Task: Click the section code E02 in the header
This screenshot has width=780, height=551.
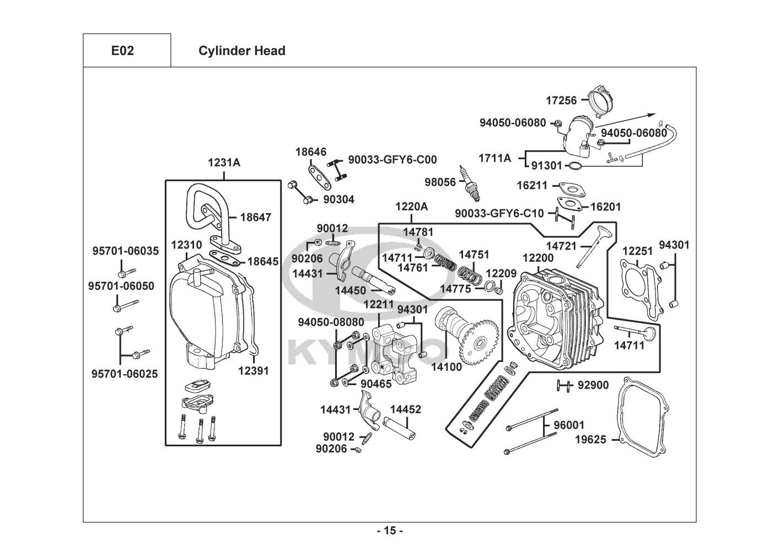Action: point(122,51)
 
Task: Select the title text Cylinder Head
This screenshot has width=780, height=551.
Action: point(241,51)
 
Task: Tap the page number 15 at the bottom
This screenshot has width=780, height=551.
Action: point(390,531)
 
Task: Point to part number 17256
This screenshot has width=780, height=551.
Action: point(561,100)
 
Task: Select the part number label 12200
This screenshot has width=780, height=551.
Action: point(538,258)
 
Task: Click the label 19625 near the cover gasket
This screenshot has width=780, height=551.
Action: point(590,440)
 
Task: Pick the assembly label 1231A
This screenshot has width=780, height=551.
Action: point(224,163)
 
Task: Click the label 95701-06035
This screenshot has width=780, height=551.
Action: point(125,251)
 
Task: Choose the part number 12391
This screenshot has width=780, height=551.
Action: point(253,371)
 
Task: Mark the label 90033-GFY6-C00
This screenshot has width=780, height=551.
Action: point(392,160)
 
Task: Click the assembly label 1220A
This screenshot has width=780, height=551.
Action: point(411,207)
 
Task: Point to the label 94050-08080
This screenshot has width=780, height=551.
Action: point(331,321)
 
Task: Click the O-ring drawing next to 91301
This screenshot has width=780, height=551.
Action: point(574,167)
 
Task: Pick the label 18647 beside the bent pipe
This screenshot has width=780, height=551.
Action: point(255,217)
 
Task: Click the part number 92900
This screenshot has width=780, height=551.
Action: point(593,385)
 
